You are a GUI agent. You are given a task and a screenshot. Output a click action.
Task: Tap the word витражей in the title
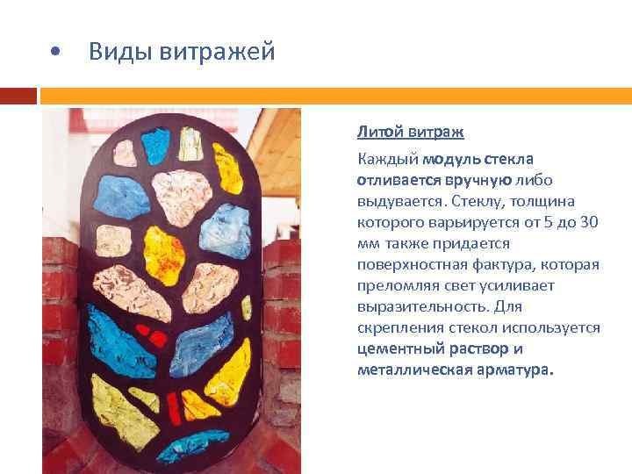218,52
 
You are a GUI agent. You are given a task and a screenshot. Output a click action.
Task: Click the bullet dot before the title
55,53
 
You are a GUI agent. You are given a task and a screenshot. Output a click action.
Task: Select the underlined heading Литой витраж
410,133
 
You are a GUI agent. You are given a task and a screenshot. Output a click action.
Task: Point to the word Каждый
386,159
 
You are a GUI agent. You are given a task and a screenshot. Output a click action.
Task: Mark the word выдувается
393,201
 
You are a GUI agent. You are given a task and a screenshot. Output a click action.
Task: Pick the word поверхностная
403,264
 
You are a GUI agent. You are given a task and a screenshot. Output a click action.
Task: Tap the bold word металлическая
408,370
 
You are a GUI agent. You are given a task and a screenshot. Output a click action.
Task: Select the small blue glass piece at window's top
156,140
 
